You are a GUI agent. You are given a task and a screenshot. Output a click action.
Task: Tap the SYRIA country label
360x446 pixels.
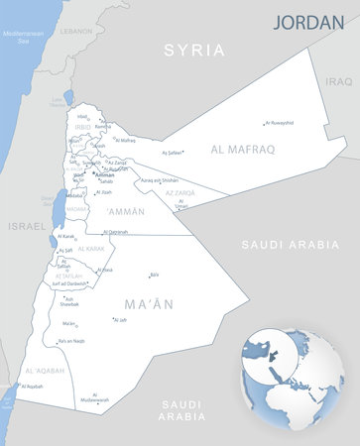tap(194, 50)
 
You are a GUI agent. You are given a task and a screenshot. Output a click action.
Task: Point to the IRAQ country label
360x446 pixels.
tap(339, 81)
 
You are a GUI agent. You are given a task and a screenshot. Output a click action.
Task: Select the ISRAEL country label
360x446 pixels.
tap(27, 226)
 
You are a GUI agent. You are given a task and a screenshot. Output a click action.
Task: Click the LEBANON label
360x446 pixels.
tap(75, 32)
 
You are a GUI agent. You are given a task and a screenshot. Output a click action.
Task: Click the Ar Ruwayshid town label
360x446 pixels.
tap(280, 123)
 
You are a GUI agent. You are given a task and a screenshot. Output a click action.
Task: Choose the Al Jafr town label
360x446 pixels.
tap(121, 320)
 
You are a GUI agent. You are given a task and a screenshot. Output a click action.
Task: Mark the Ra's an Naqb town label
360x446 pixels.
tap(71, 341)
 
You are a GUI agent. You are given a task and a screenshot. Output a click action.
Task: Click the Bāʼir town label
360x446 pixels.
tap(154, 275)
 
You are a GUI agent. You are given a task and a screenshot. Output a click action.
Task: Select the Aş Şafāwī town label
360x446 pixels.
tap(174, 153)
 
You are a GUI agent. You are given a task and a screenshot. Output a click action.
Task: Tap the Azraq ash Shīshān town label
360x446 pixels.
tap(160, 180)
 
